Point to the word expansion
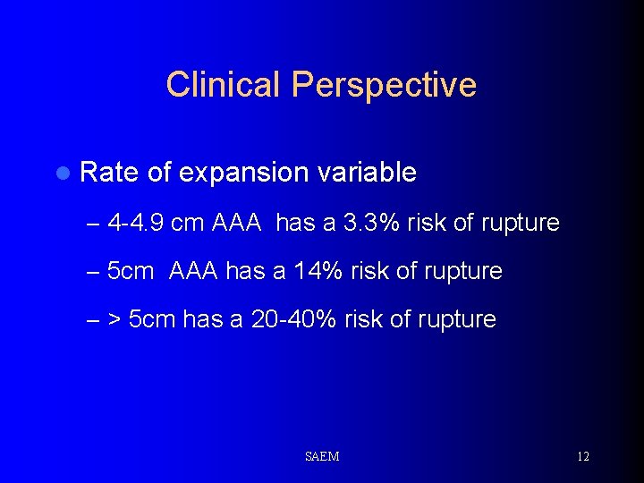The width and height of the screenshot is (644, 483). point(247,174)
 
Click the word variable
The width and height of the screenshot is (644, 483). point(370,172)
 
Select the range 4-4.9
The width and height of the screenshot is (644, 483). point(135,222)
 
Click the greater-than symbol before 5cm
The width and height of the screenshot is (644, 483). point(114,320)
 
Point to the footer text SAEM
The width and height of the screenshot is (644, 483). point(322,457)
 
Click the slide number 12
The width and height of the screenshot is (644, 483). point(582,457)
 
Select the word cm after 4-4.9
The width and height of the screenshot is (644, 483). point(187,222)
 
